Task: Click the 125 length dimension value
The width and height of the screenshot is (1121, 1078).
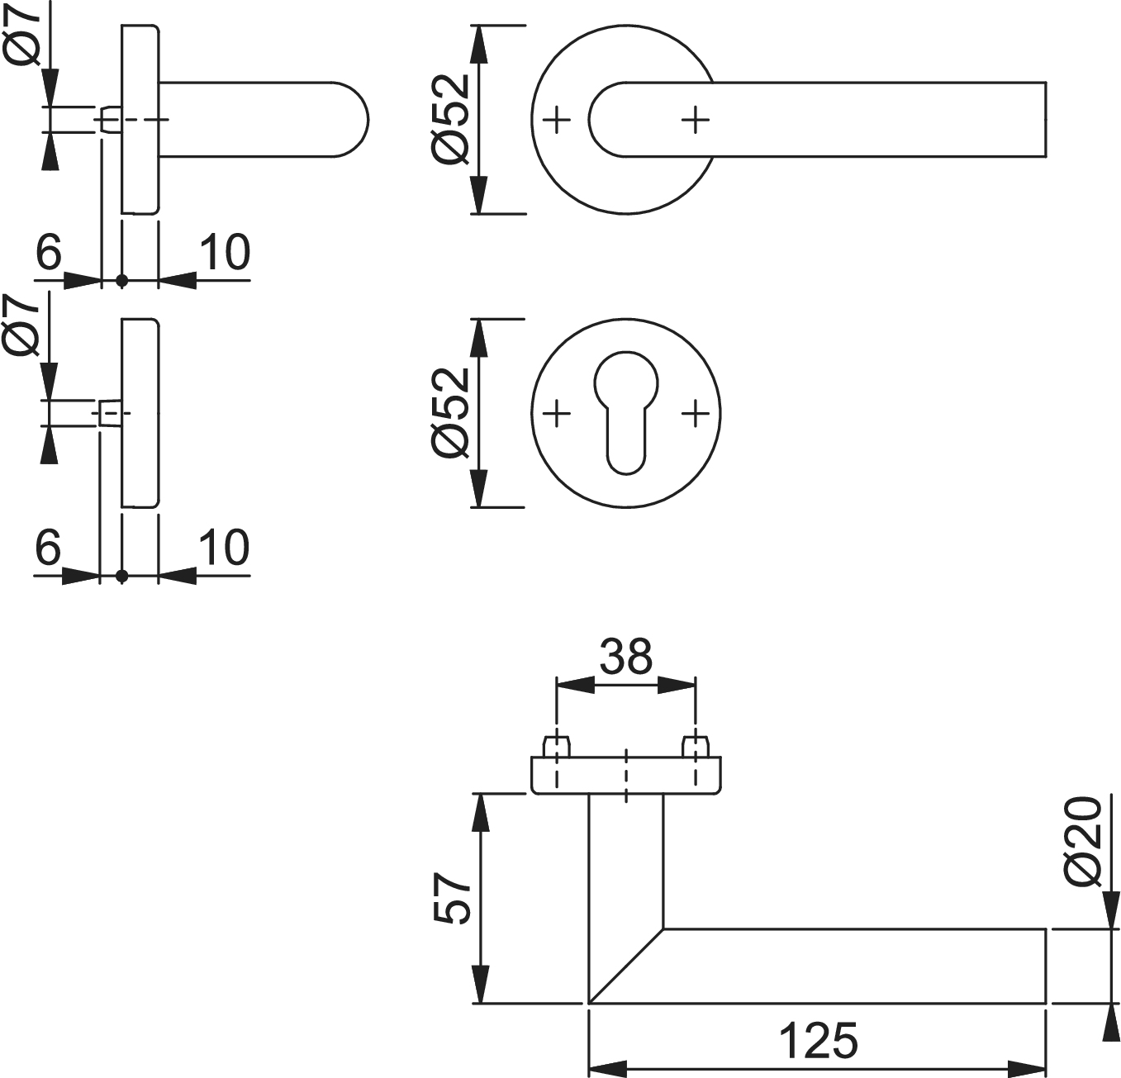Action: pyautogui.click(x=818, y=1041)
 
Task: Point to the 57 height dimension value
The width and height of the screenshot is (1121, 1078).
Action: pyautogui.click(x=452, y=898)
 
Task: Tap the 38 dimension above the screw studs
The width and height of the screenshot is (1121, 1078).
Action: pyautogui.click(x=625, y=657)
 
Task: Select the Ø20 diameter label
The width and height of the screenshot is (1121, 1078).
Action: pyautogui.click(x=1083, y=841)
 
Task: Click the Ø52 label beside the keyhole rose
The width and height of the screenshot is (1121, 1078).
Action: pyautogui.click(x=451, y=412)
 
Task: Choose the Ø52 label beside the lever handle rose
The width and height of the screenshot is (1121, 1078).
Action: pyautogui.click(x=451, y=119)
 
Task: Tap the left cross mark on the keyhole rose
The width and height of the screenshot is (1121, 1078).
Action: pyautogui.click(x=558, y=412)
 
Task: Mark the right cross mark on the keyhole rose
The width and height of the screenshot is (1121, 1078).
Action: pyautogui.click(x=696, y=412)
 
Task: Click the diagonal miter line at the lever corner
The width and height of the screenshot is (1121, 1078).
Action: pyautogui.click(x=626, y=966)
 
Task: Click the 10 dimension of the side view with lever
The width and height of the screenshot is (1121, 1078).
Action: pyautogui.click(x=224, y=253)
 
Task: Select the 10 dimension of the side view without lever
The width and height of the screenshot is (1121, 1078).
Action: pyautogui.click(x=224, y=548)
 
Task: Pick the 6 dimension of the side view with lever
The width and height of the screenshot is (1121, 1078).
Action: pyautogui.click(x=49, y=253)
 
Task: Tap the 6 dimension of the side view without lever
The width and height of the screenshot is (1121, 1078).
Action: pyautogui.click(x=49, y=548)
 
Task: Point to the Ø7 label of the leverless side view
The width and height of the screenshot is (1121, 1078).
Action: pyautogui.click(x=22, y=326)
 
